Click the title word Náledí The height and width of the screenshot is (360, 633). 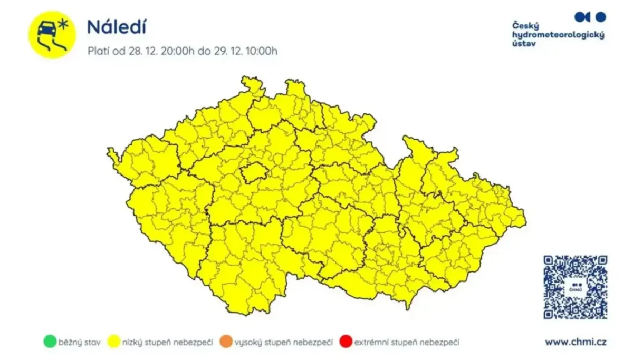click(x=117, y=27)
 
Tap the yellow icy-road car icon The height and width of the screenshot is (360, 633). click(x=52, y=35)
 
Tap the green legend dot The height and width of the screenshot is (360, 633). click(x=50, y=342)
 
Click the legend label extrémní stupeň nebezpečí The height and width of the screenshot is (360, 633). click(x=406, y=343)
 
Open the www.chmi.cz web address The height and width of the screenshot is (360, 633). click(x=576, y=342)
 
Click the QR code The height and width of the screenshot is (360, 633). click(x=575, y=287)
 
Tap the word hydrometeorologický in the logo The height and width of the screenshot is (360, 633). click(x=558, y=35)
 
